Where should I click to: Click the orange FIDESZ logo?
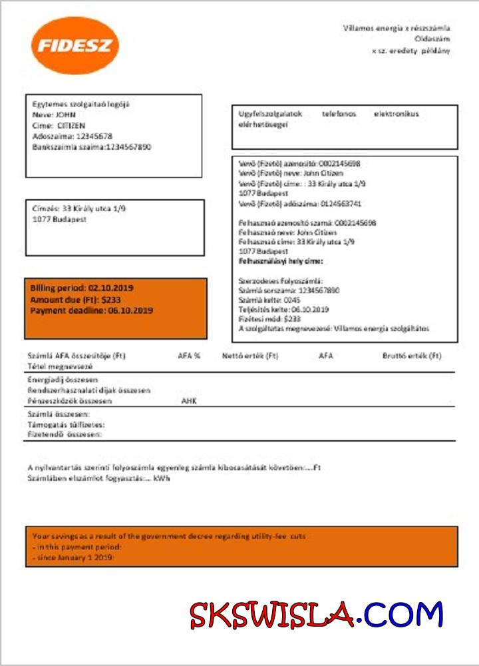(75, 45)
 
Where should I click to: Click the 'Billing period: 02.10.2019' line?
(82, 288)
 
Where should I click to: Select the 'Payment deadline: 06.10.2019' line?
(92, 310)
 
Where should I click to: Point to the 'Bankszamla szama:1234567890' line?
(92, 147)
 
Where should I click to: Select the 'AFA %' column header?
(189, 356)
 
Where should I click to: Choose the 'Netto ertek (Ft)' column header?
(250, 356)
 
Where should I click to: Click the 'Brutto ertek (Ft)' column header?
(412, 356)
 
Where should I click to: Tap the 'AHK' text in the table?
(190, 402)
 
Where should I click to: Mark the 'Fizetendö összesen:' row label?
(65, 434)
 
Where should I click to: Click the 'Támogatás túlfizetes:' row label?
(66, 424)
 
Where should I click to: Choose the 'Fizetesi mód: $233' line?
(265, 319)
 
